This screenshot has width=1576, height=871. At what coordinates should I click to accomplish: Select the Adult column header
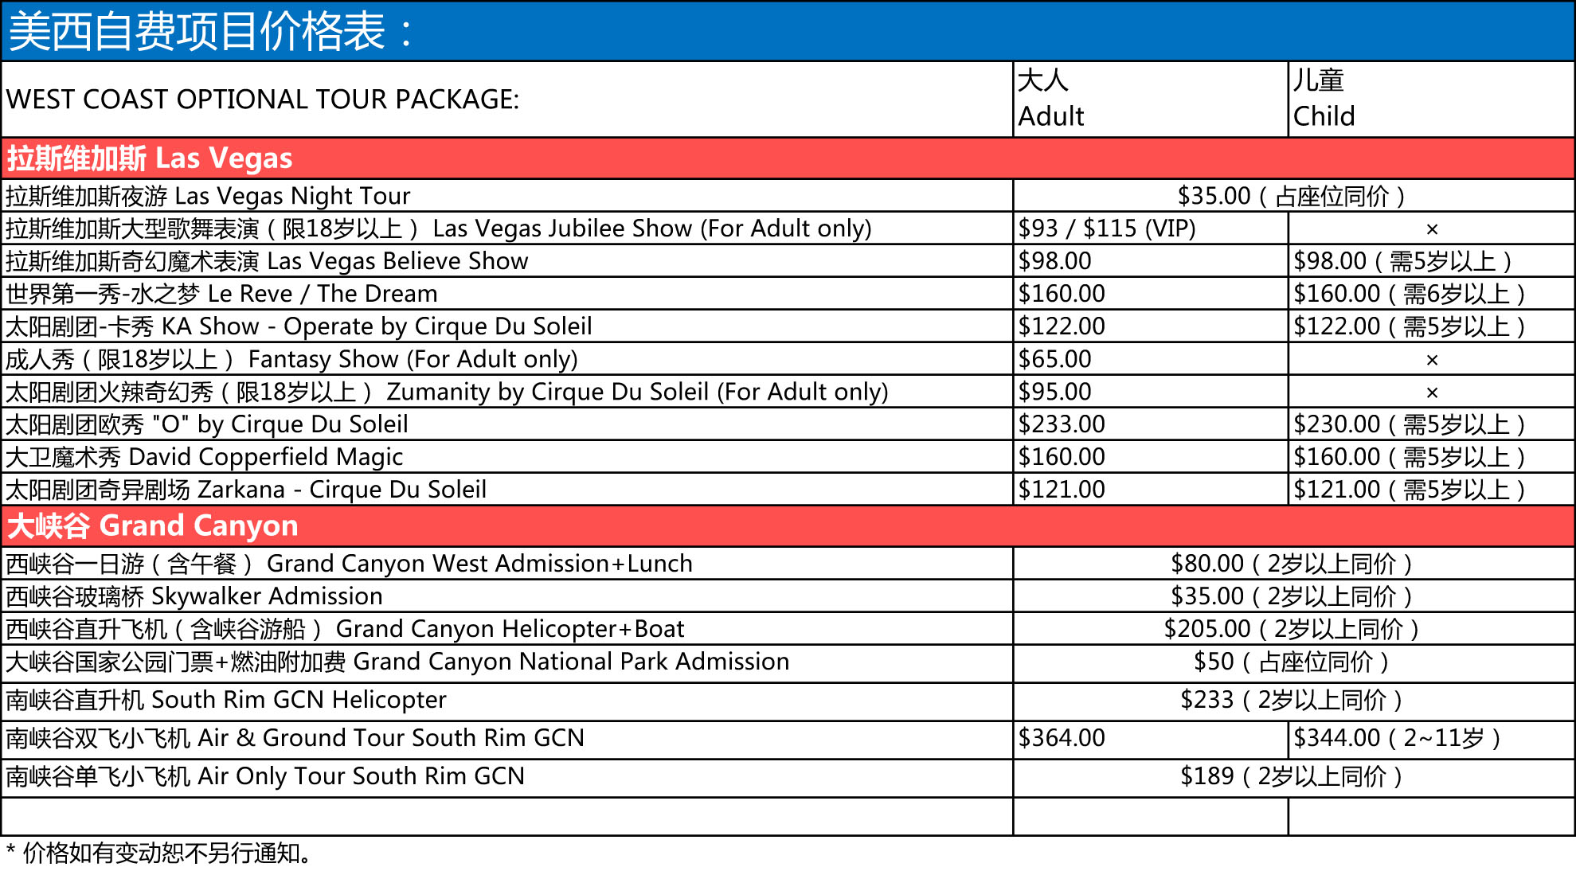[1050, 99]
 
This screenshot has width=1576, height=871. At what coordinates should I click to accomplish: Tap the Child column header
[1324, 99]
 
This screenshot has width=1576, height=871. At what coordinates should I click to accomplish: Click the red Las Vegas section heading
[150, 158]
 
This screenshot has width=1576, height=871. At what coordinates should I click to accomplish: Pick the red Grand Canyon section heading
[152, 526]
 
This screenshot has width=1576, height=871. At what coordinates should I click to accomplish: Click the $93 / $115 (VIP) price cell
[1107, 228]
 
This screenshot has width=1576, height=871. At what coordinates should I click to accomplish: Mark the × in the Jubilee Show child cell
[1432, 229]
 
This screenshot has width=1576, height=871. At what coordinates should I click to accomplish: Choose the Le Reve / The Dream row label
[221, 294]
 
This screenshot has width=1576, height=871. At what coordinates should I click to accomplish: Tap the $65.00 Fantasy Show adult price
[1054, 359]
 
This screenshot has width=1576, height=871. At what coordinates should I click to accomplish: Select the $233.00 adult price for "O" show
[1062, 424]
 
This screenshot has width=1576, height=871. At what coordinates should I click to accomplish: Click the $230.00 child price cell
[1409, 424]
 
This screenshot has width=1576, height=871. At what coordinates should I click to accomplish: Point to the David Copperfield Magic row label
[204, 457]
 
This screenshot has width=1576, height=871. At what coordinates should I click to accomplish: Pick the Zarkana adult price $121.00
[1062, 490]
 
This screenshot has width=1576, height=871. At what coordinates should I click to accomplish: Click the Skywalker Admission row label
[194, 596]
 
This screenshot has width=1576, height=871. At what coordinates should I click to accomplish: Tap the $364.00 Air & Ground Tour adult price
[1062, 738]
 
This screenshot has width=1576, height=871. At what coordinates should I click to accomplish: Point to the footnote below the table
[159, 853]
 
